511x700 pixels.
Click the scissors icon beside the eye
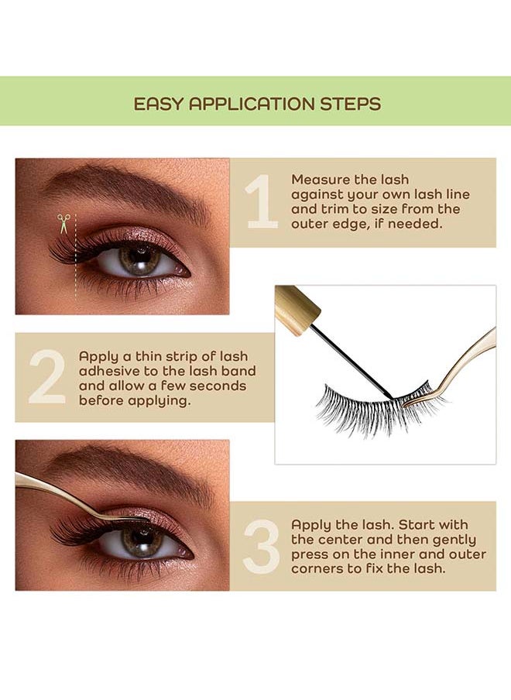(x=63, y=224)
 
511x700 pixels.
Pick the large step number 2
(x=47, y=377)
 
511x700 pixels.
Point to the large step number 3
(x=261, y=547)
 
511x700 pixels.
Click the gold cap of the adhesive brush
(x=297, y=310)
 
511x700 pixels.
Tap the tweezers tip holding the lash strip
(x=408, y=403)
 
